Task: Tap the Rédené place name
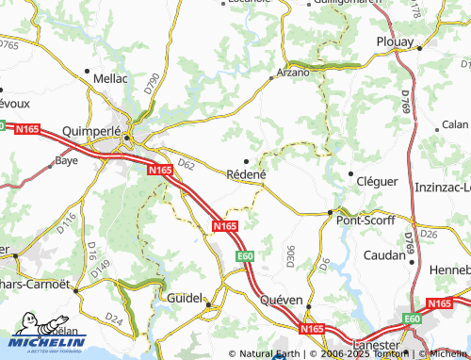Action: point(248,174)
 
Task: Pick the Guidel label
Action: point(184,297)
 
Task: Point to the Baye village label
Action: point(66,161)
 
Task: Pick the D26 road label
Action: point(430,233)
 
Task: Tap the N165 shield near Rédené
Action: point(224,226)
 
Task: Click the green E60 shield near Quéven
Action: point(246,255)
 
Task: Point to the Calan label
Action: point(455,124)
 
